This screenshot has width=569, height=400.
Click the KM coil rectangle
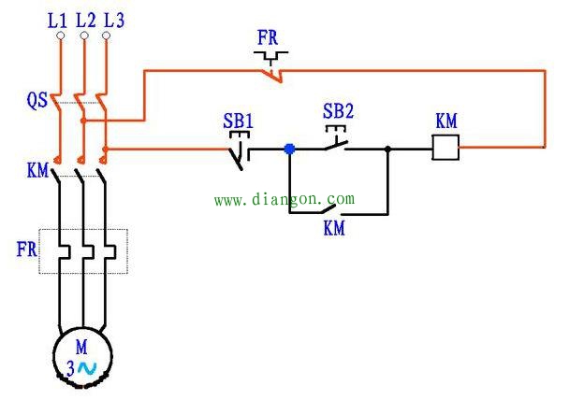[445, 148]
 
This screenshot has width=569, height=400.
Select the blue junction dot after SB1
[289, 148]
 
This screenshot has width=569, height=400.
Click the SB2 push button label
[338, 111]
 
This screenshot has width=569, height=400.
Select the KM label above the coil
[446, 121]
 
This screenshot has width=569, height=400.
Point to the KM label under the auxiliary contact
[334, 227]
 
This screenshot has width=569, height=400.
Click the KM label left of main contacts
[36, 170]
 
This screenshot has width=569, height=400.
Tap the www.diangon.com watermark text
[284, 199]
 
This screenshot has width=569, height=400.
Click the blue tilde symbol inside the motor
[86, 368]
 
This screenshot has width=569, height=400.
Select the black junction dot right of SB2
[387, 148]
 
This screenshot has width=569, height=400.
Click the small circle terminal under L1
[61, 36]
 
